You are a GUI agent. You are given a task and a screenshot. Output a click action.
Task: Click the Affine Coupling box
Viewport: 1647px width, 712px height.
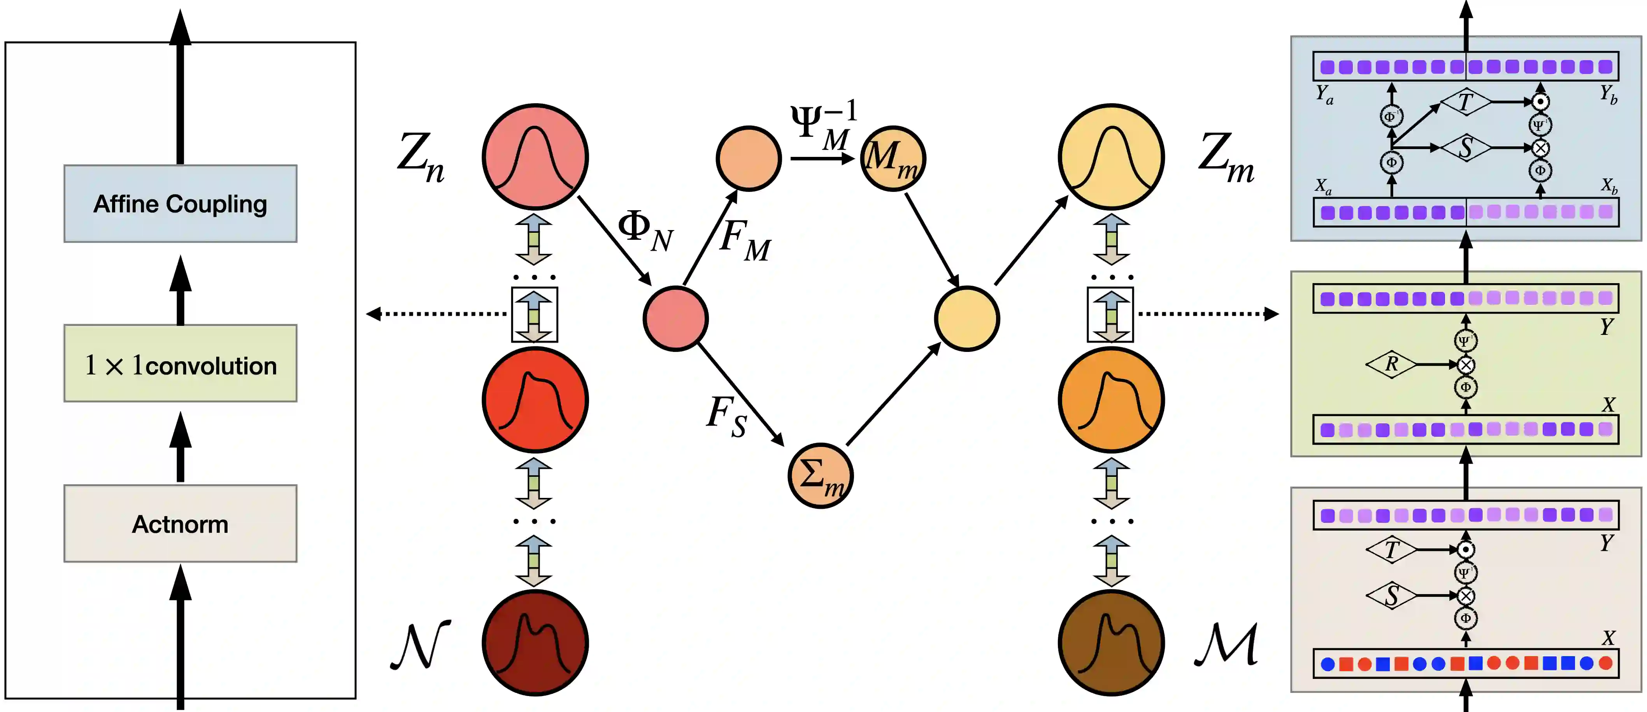[x=180, y=204]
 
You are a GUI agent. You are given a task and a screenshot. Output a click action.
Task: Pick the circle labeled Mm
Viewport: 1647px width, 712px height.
[x=893, y=158]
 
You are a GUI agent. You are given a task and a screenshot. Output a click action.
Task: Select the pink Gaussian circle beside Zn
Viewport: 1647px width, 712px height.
[x=535, y=157]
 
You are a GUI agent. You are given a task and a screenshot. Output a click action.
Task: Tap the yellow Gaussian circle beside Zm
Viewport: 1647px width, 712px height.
[x=1111, y=157]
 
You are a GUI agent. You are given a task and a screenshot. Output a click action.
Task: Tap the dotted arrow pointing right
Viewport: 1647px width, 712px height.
[x=1209, y=313]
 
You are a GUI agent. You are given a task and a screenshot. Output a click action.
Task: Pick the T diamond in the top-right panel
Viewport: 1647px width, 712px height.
[x=1465, y=102]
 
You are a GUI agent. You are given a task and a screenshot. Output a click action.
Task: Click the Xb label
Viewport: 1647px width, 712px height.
[x=1608, y=186]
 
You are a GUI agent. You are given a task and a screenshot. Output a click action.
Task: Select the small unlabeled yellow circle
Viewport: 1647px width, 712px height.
[x=967, y=318]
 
